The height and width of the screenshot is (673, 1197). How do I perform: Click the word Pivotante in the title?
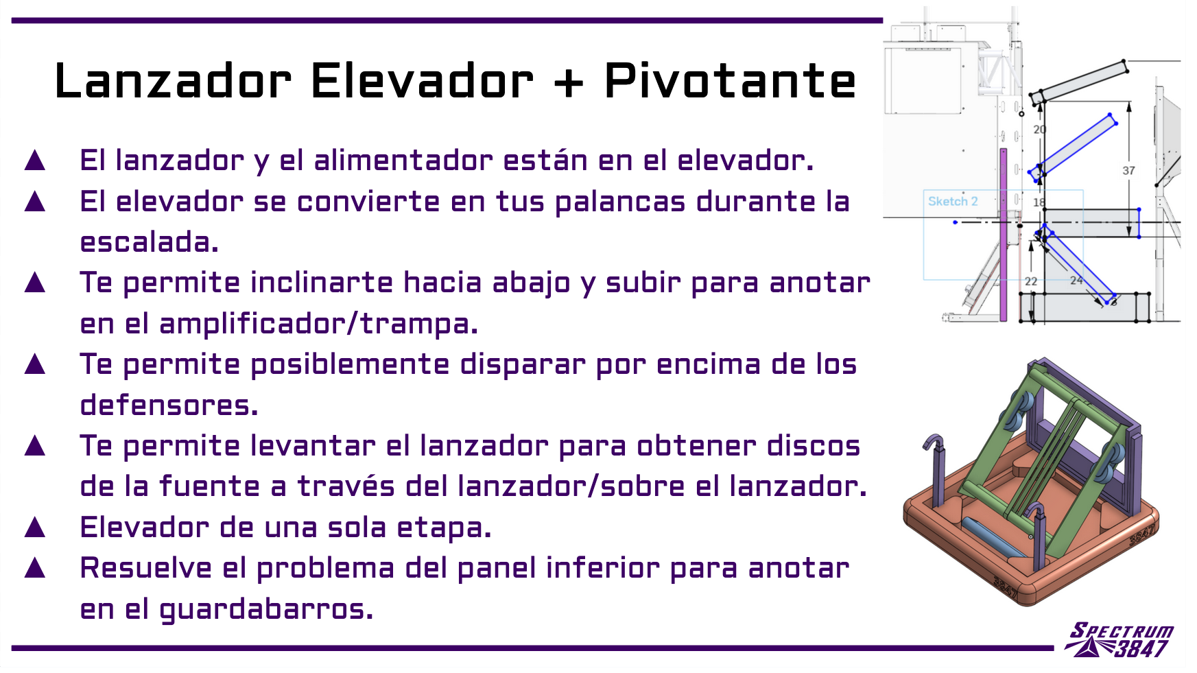click(730, 81)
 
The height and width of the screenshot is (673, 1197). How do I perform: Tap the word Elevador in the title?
click(422, 81)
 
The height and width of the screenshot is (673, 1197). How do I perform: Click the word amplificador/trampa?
click(318, 324)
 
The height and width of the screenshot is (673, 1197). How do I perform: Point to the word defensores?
click(169, 405)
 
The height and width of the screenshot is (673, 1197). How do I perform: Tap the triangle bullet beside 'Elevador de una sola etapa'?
click(35, 528)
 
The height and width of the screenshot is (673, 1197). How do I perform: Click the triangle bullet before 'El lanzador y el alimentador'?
click(35, 161)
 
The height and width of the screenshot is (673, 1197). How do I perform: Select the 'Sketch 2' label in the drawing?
click(953, 201)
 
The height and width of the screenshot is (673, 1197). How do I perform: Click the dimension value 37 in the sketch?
click(1128, 170)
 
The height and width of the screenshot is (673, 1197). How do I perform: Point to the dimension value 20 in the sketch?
click(1040, 129)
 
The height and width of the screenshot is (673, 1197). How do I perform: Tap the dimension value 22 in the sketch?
click(1031, 281)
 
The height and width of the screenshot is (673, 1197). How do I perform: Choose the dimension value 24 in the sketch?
click(1076, 280)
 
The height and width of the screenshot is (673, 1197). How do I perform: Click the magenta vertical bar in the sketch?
click(1004, 235)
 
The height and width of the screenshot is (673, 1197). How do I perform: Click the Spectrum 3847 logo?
click(1119, 640)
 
